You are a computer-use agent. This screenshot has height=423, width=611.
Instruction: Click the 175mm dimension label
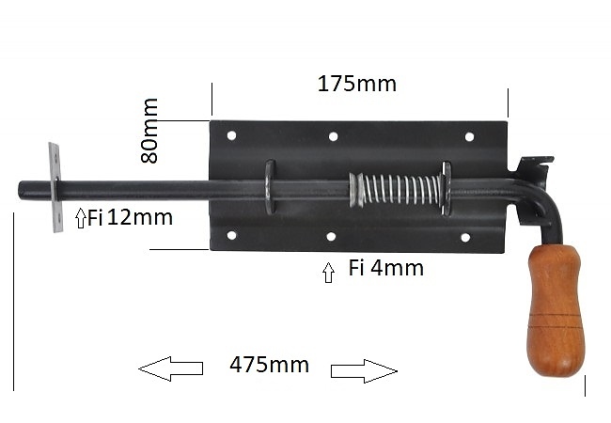point(357,84)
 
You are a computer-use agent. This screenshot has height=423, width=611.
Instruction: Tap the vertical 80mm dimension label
point(149,131)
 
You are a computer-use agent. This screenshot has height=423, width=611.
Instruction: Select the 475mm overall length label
point(269,365)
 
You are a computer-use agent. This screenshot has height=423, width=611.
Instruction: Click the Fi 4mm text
point(385,268)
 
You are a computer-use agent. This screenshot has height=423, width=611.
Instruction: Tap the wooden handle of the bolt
point(555,310)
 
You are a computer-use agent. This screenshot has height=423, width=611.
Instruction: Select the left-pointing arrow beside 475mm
point(171,368)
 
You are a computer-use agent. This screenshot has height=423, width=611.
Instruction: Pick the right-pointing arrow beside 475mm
point(364,371)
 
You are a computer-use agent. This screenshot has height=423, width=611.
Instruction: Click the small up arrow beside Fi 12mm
point(81,218)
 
